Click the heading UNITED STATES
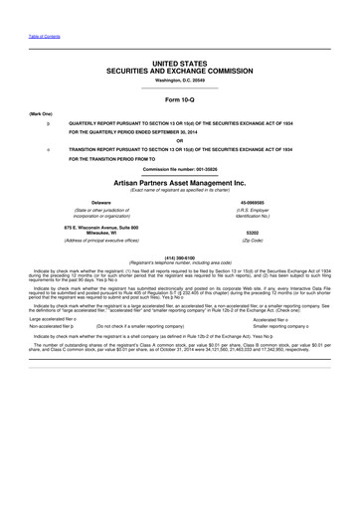coord(180,62)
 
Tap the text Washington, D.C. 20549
coord(180,80)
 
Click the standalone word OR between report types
coord(180,138)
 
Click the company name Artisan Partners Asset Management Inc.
coord(180,184)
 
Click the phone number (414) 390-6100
coord(180,254)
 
